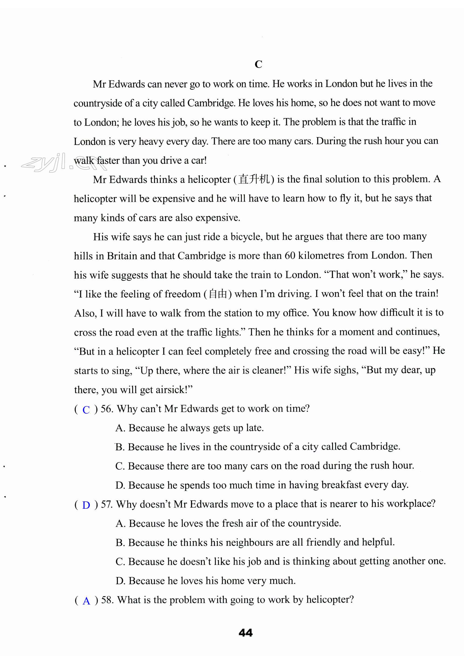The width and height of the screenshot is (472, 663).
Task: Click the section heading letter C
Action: click(x=258, y=64)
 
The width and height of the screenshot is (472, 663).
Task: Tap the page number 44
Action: click(x=246, y=633)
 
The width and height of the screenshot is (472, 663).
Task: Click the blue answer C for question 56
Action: click(x=86, y=410)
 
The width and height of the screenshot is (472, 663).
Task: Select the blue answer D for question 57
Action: click(x=86, y=505)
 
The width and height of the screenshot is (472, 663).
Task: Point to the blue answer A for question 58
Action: click(x=86, y=601)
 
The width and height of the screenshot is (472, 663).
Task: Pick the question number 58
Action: click(x=107, y=600)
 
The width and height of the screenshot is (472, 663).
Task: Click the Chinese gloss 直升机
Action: click(x=254, y=179)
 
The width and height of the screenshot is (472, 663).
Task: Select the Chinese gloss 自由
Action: click(x=218, y=294)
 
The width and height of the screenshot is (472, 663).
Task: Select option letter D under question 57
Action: click(x=120, y=581)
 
